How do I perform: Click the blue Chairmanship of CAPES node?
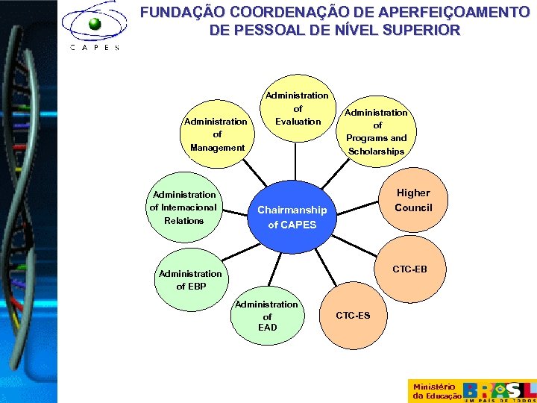292,216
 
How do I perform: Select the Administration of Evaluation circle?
298,108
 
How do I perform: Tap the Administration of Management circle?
217,134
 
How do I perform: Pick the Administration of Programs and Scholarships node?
377,131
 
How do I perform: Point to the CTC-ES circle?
352,316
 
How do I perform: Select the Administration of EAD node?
267,315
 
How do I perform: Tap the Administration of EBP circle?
190,279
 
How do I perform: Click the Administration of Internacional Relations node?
183,207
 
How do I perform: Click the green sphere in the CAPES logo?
95,24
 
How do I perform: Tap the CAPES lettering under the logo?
94,46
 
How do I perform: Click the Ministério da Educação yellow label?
434,391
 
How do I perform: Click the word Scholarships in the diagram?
377,151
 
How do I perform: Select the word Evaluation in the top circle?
298,122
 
